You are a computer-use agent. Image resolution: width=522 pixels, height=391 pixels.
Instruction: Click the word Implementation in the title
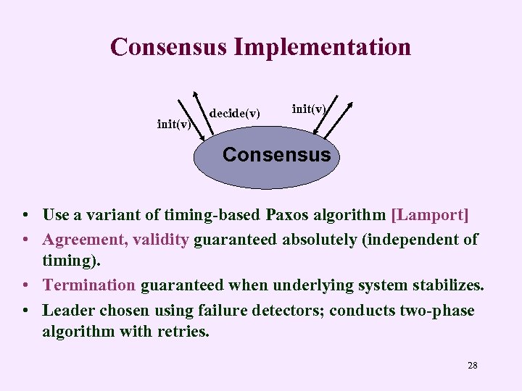pos(323,47)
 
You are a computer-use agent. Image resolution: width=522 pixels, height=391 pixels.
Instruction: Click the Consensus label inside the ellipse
pos(276,154)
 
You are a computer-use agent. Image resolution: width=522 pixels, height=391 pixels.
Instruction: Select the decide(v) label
pos(234,113)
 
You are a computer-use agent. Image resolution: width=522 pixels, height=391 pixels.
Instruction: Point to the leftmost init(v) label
pos(174,124)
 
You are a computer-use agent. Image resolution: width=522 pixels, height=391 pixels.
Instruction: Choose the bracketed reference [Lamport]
pos(430,215)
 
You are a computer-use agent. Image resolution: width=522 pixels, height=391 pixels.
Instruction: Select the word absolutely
pos(319,239)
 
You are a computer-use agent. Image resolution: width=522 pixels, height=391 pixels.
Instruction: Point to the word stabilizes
pos(445,285)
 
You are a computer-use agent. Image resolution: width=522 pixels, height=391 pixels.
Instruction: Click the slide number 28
pos(473,365)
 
